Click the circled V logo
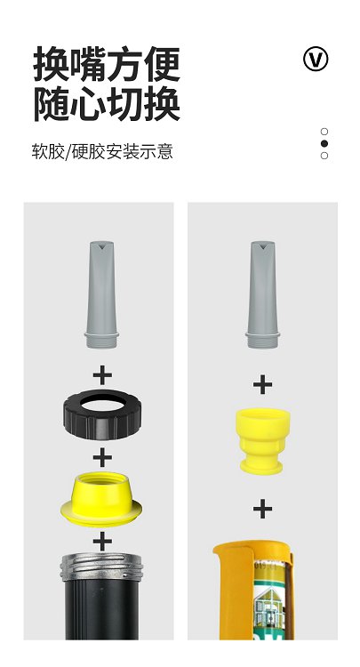316,59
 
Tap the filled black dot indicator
324,143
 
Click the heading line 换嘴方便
107,64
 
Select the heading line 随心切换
107,103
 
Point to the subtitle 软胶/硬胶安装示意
102,152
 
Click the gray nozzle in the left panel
101,294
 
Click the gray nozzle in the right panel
263,294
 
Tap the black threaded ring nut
101,414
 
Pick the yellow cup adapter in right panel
263,441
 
